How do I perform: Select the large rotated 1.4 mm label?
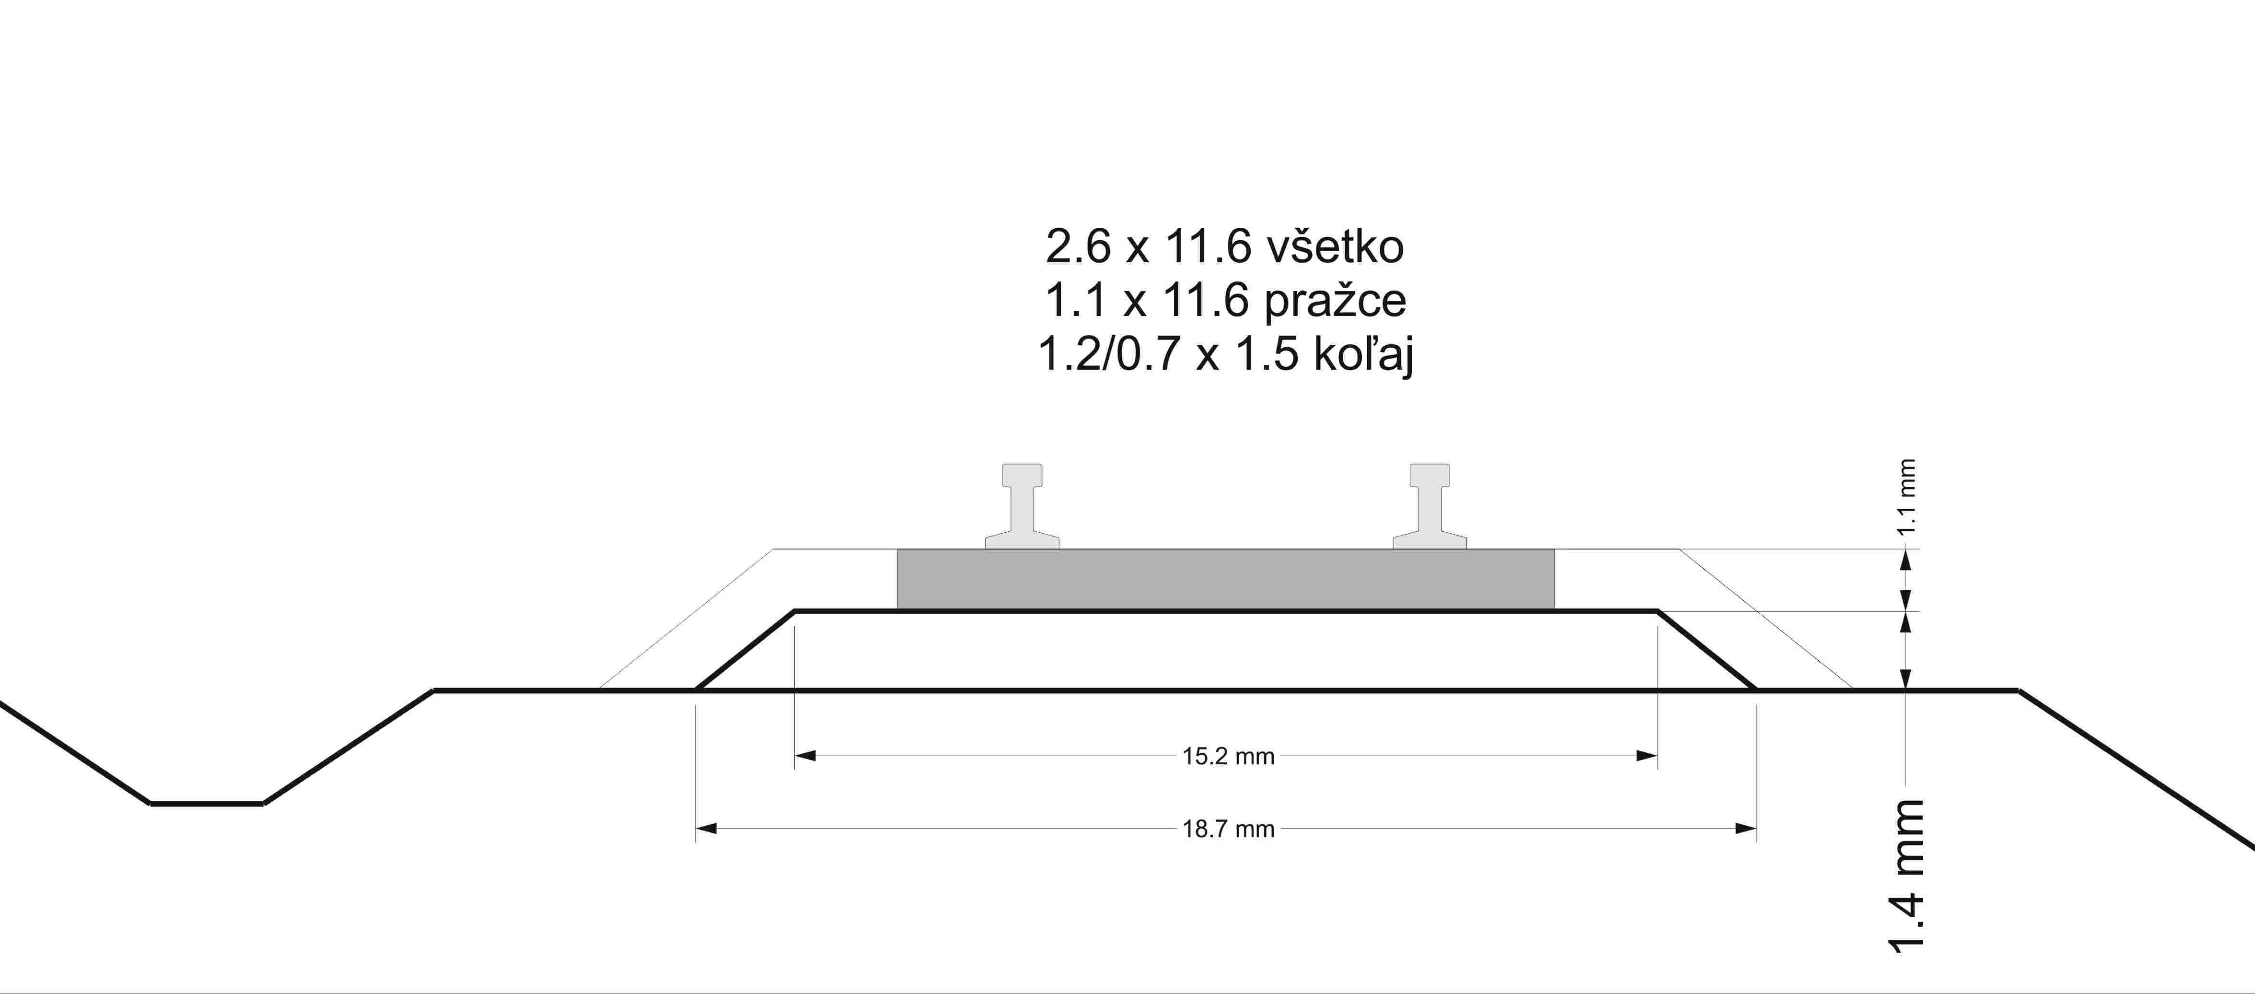pos(1906,876)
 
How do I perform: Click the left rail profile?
pos(1023,506)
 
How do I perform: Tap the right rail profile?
pos(1430,506)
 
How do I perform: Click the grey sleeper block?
pos(1226,579)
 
